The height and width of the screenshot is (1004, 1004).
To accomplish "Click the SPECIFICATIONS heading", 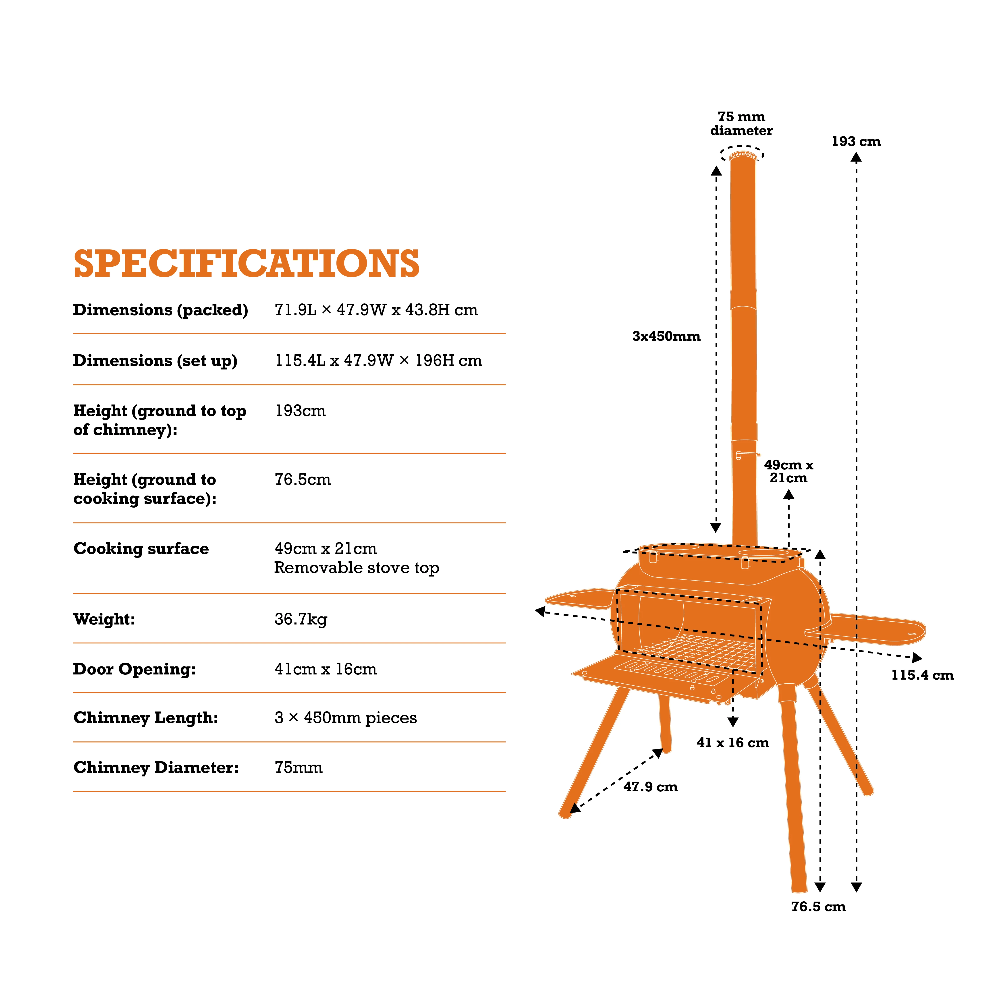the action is (x=246, y=263).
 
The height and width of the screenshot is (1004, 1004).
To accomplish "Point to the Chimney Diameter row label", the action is (x=156, y=768).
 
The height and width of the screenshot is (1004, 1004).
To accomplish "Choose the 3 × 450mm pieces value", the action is (x=346, y=718).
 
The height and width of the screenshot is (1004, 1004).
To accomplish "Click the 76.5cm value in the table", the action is (x=303, y=479).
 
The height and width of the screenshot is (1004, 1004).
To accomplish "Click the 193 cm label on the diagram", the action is (x=856, y=141).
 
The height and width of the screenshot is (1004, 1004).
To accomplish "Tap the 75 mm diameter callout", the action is (x=742, y=124).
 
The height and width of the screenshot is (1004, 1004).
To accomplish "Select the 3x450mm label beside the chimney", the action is (x=666, y=336).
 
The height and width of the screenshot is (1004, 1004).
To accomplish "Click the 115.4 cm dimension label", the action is (x=922, y=675).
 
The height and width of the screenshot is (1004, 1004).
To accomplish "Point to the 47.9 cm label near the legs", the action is (x=651, y=787).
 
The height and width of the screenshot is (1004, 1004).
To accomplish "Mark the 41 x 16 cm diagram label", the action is (x=733, y=743).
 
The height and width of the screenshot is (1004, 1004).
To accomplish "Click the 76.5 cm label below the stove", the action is (x=818, y=907).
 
